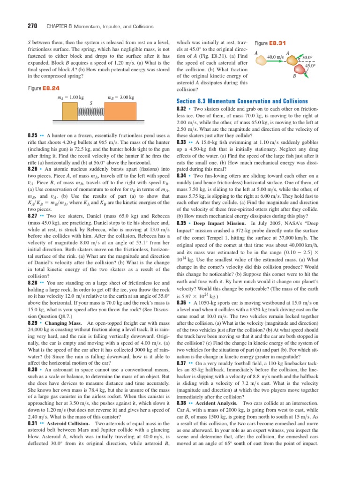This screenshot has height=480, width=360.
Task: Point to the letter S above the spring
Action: pyautogui.click(x=90, y=103)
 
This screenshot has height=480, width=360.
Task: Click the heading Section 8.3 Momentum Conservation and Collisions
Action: pyautogui.click(x=241, y=101)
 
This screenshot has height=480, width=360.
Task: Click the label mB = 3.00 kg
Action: pyautogui.click(x=121, y=97)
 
